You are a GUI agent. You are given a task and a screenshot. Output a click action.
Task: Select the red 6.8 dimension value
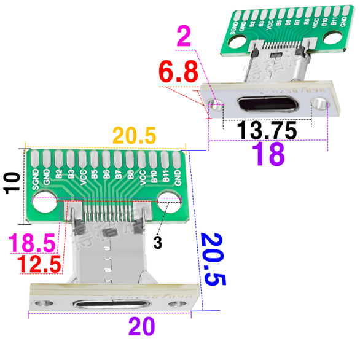tap(179, 73)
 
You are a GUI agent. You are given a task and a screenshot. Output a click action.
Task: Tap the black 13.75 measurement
tap(267, 130)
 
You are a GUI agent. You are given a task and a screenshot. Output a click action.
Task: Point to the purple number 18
tap(270, 155)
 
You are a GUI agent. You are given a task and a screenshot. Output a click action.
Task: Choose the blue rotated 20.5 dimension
tap(212, 259)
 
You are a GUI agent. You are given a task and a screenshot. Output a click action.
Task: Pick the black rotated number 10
tap(10, 182)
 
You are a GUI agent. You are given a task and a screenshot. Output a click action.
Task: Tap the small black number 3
tap(157, 243)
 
